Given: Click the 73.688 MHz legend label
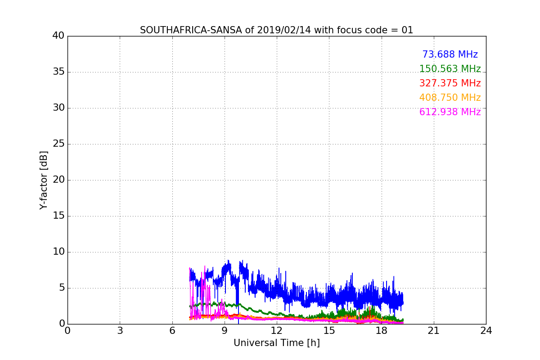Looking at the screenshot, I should tap(450, 54).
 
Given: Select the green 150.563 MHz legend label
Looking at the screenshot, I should tap(450, 69).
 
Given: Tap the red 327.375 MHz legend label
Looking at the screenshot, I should tap(450, 83).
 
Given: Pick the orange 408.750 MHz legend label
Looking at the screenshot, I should tap(450, 98).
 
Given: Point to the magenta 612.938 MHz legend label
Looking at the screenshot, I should tap(450, 112).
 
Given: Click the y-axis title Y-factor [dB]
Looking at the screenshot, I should tap(44, 180).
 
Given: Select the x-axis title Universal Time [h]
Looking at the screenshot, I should tap(276, 343).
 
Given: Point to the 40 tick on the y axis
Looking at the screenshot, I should tap(58, 36).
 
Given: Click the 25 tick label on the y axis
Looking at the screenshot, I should tap(58, 144).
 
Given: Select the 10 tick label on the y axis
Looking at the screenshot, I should tap(58, 252).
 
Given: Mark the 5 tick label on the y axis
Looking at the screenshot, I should tap(61, 288).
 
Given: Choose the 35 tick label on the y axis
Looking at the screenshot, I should tap(58, 72).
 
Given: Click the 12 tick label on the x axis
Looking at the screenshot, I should tap(277, 331).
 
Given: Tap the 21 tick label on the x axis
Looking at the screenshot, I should tap(434, 331).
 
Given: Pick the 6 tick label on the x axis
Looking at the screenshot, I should tap(172, 331).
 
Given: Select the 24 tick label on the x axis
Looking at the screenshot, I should tap(486, 331).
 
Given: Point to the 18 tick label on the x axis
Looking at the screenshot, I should tap(382, 331).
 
